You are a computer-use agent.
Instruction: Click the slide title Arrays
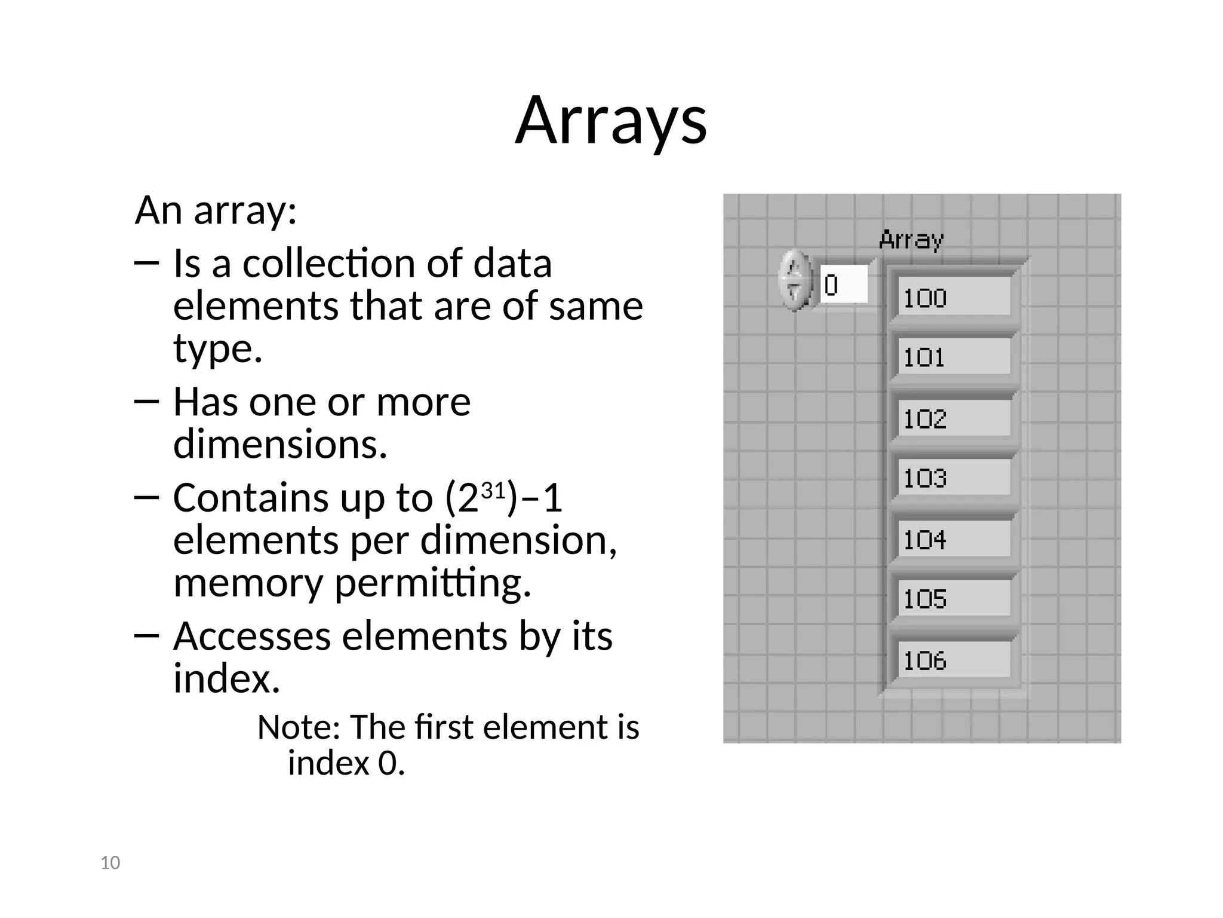[611, 121]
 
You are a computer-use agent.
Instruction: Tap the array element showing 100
[953, 298]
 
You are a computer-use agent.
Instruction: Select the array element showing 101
[953, 357]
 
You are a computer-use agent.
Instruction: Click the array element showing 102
[953, 418]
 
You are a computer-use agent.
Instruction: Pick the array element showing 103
[953, 478]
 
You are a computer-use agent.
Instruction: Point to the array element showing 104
[953, 540]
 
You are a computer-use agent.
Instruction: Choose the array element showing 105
[953, 599]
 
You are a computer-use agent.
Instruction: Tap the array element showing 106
[953, 660]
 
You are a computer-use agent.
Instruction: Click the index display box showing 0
[843, 285]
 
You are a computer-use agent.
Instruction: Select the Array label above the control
[911, 240]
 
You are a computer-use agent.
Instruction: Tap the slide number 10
[110, 863]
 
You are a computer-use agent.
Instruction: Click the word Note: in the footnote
[298, 727]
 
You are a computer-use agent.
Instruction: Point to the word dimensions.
[279, 444]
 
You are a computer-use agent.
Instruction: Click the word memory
[247, 583]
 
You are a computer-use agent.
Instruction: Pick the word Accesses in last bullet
[251, 636]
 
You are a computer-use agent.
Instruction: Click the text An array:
[216, 210]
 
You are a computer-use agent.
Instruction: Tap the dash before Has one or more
[147, 402]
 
